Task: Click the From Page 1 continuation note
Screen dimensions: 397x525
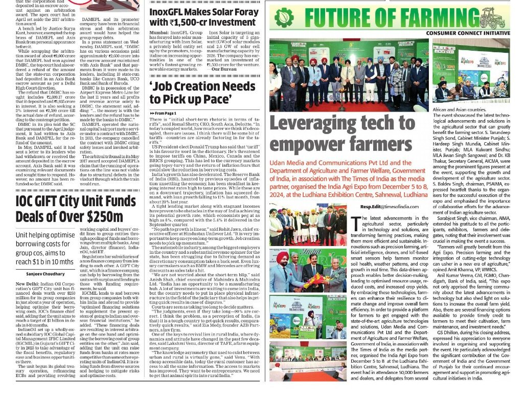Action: [163, 113]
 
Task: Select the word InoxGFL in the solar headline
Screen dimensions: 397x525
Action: [171, 11]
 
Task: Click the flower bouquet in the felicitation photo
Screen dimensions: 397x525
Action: [318, 279]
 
